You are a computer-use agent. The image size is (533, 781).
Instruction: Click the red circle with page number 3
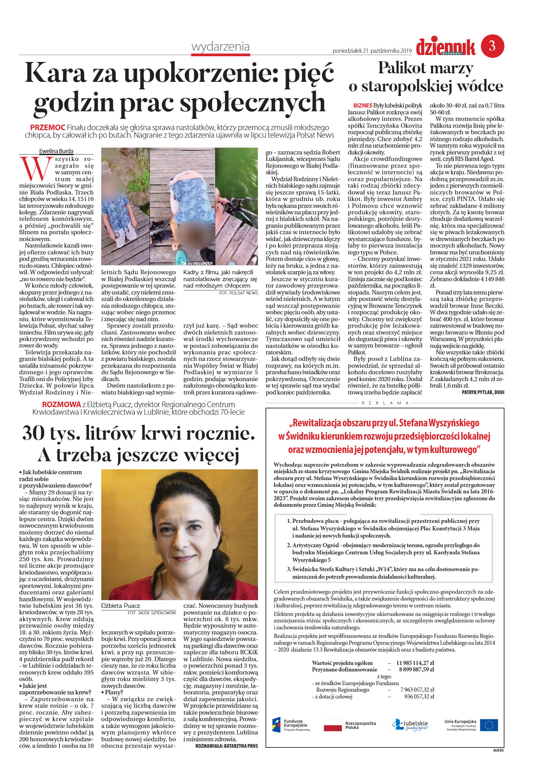[x=492, y=46]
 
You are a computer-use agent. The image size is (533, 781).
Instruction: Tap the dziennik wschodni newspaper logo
[x=445, y=47]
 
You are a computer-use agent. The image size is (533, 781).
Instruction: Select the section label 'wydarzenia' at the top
[x=220, y=47]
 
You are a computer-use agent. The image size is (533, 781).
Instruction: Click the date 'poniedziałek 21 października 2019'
[x=372, y=51]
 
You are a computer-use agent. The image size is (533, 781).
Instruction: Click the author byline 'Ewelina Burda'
[x=56, y=151]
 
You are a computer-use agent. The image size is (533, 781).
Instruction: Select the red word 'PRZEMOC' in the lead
[x=48, y=127]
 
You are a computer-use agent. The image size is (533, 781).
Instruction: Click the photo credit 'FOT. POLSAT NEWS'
[x=238, y=293]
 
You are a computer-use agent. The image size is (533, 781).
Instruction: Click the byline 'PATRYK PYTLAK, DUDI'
[x=483, y=392]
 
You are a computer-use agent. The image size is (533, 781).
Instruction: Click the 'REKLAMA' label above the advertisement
[x=385, y=403]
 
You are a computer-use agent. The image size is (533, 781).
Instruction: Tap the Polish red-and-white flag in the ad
[x=333, y=725]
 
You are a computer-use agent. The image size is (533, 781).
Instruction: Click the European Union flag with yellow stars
[x=489, y=725]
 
